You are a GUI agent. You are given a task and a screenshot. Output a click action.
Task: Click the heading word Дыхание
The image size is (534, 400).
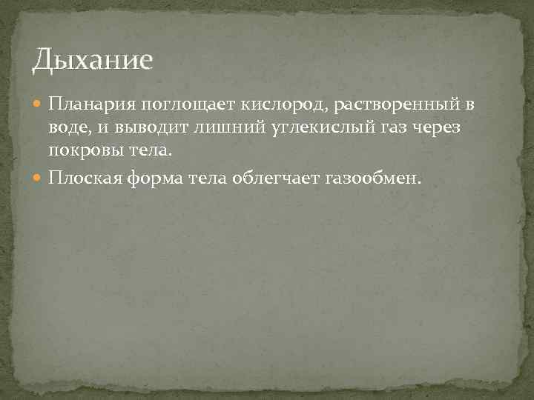92,59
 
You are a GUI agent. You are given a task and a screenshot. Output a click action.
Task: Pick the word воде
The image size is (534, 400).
67,130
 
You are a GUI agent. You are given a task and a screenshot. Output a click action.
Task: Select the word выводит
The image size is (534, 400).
144,130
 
